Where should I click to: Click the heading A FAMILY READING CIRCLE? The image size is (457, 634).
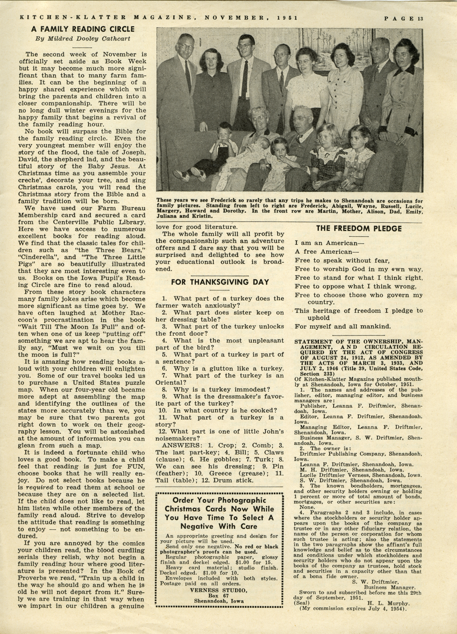click(83, 29)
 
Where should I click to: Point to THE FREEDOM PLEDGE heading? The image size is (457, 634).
click(359, 229)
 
